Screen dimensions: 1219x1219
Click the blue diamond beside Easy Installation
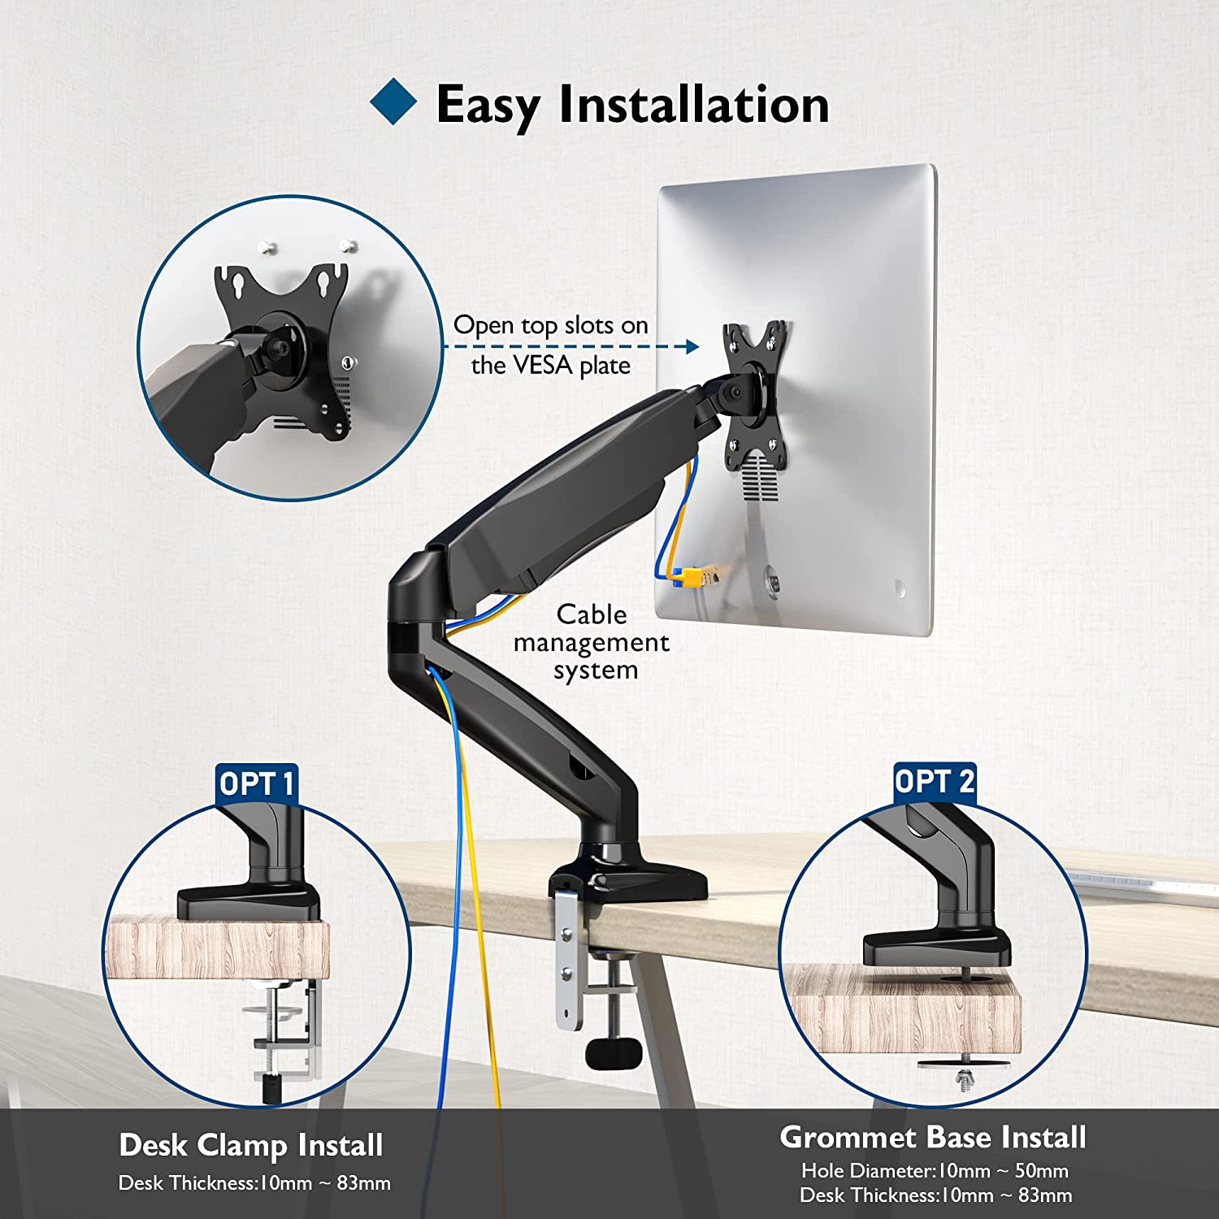[x=393, y=102]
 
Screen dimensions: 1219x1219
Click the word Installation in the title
[x=694, y=104]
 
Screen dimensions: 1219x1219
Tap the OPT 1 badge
[x=257, y=783]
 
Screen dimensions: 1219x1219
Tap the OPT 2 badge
[x=935, y=782]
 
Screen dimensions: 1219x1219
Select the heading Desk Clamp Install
[x=251, y=1146]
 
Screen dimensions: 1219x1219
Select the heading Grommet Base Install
[x=933, y=1137]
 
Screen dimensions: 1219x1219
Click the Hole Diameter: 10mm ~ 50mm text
[x=935, y=1171]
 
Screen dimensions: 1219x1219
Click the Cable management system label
[x=592, y=642]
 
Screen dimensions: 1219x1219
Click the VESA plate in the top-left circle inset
[x=284, y=349]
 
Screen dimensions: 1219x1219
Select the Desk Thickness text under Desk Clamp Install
[x=254, y=1183]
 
